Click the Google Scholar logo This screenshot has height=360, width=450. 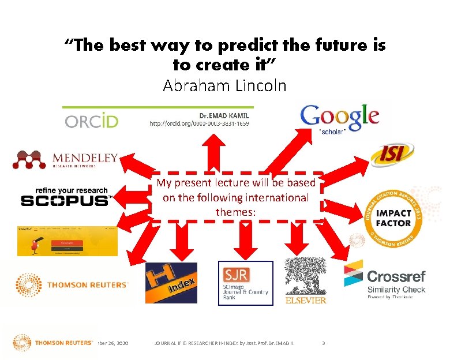pyautogui.click(x=340, y=118)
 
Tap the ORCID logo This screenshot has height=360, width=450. pyautogui.click(x=92, y=121)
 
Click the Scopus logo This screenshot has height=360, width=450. pyautogui.click(x=65, y=197)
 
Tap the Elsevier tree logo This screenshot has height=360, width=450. pyautogui.click(x=305, y=280)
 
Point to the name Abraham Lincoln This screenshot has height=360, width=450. pyautogui.click(x=224, y=86)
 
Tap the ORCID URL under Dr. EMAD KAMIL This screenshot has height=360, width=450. pyautogui.click(x=199, y=123)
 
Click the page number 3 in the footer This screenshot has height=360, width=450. pyautogui.click(x=323, y=343)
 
